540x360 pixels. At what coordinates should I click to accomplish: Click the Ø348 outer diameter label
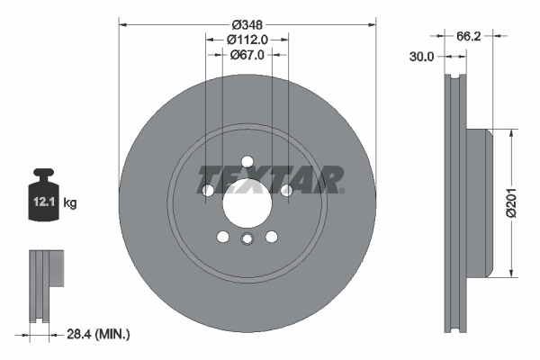click(247, 24)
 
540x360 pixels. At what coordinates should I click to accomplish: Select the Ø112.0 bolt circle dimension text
click(247, 40)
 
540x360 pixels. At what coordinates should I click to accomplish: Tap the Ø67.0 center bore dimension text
click(247, 55)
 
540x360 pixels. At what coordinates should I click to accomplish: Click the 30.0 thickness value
click(420, 56)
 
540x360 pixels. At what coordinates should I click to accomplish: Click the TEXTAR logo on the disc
click(269, 180)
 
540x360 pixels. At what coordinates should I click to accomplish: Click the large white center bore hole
click(247, 206)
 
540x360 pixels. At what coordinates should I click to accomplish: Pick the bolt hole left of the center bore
click(208, 191)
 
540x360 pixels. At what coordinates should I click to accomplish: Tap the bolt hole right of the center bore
click(286, 191)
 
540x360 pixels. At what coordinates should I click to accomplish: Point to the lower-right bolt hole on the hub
click(270, 237)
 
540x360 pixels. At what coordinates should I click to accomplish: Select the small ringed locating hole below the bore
click(247, 238)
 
